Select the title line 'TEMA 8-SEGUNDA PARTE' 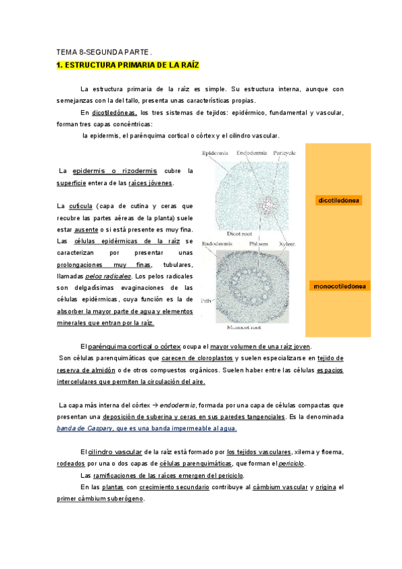point(103,52)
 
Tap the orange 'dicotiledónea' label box point(339,200)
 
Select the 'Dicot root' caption point(239,234)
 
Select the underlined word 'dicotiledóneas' point(115,113)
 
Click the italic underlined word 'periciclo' point(291,464)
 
